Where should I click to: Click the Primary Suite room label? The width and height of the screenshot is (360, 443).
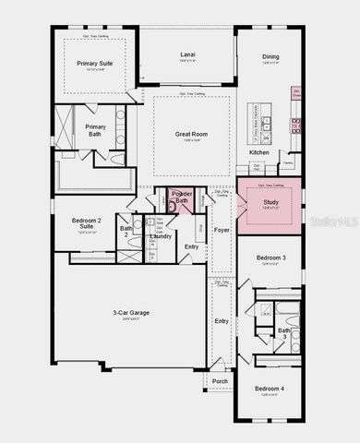[x=93, y=64]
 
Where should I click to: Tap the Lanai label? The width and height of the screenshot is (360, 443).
[x=186, y=55]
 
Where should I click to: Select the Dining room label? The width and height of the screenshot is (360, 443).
[x=270, y=57]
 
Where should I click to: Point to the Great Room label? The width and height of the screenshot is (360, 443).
[x=188, y=134]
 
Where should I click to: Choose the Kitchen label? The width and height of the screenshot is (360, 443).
[x=258, y=152]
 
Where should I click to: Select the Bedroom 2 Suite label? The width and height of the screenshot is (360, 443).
[x=86, y=224]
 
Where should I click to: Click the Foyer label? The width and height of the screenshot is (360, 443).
[x=222, y=230]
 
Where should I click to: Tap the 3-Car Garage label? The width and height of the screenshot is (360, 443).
[x=131, y=313]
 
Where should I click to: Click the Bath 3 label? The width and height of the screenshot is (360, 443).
[x=284, y=332]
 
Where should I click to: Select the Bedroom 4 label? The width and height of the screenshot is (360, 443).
[x=270, y=389]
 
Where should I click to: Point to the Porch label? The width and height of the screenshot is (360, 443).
[x=220, y=381]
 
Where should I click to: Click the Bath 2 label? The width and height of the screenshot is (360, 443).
[x=126, y=231]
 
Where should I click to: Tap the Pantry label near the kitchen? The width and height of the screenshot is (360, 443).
[x=288, y=163]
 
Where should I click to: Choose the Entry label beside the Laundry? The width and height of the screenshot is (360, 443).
[x=191, y=246]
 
